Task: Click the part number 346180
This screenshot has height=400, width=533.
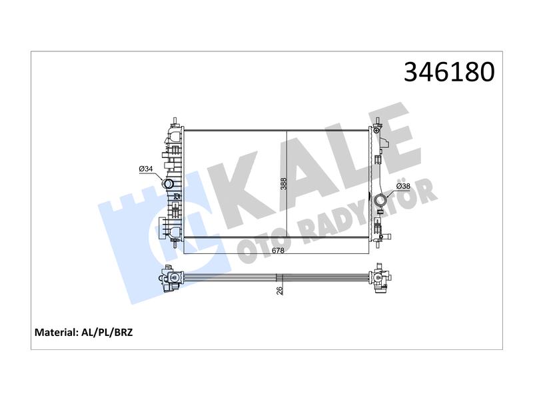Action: click(x=449, y=72)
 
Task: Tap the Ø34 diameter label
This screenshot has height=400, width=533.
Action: click(x=146, y=169)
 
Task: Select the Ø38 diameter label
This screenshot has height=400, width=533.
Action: click(x=404, y=186)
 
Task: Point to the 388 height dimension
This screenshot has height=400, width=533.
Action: click(x=284, y=184)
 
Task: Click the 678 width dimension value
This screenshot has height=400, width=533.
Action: click(x=278, y=251)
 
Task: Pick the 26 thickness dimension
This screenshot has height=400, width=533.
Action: click(x=279, y=291)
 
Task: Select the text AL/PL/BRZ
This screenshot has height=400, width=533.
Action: click(x=107, y=332)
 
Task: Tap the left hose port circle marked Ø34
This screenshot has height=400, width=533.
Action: click(x=168, y=185)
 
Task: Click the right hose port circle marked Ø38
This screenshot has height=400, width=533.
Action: click(x=380, y=201)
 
